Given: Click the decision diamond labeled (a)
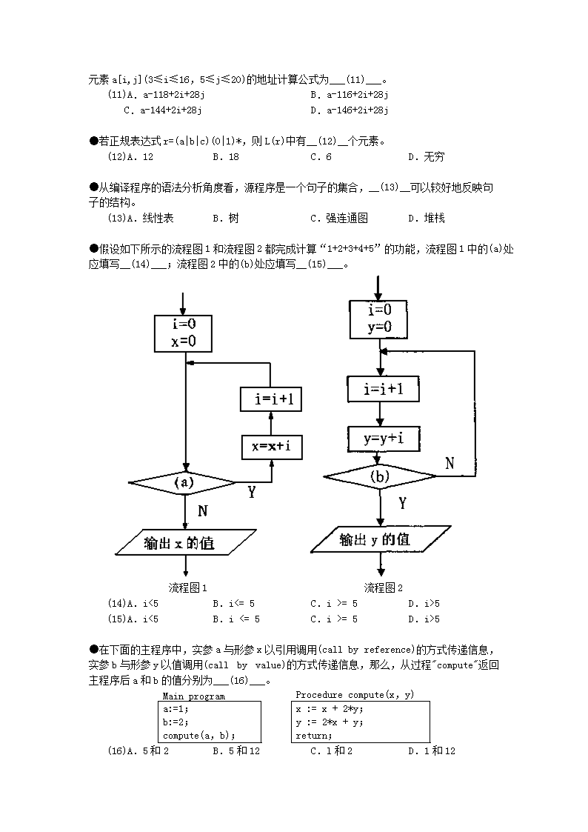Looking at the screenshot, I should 183,483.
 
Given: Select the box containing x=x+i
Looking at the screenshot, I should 271,446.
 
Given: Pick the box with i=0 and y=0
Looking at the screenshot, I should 379,319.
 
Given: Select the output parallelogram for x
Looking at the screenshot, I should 185,542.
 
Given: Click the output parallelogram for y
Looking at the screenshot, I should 381,539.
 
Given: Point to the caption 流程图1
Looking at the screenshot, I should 187,588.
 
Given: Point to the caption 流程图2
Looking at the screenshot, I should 384,588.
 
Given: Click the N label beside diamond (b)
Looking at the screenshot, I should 450,463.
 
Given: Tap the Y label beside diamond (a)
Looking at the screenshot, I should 252,492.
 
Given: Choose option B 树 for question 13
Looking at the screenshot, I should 226,218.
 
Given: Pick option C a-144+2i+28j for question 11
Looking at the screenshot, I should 163,110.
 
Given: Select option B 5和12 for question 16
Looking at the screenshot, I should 236,751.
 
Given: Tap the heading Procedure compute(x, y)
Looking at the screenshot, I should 354,695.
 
